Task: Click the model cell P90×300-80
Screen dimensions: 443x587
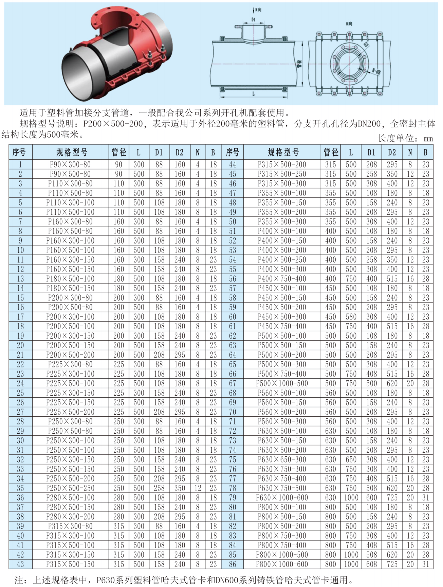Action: click(70, 165)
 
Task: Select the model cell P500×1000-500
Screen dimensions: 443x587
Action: click(282, 383)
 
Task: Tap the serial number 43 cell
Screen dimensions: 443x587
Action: click(20, 564)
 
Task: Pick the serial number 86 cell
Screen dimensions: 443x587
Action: click(232, 564)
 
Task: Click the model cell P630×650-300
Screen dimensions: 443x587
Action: click(282, 460)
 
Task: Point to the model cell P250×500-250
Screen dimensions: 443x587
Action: click(70, 488)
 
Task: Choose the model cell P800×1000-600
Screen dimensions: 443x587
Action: click(282, 564)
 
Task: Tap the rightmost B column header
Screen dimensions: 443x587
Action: click(425, 152)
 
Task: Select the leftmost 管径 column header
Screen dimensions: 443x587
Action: click(119, 152)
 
